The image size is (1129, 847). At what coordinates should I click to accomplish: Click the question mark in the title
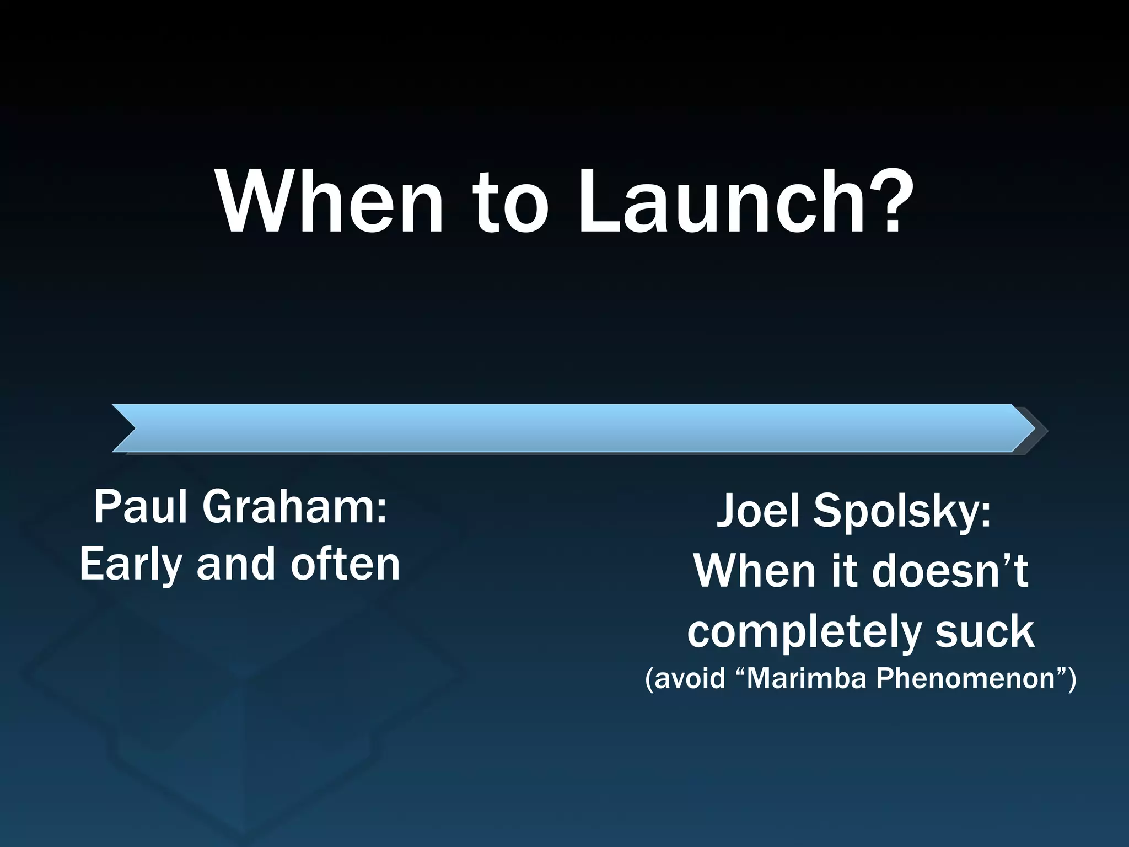(x=888, y=200)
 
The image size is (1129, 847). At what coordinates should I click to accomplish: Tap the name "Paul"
(x=141, y=507)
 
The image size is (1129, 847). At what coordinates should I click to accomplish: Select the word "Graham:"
(x=294, y=507)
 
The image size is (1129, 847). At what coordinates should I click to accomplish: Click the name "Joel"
(x=757, y=511)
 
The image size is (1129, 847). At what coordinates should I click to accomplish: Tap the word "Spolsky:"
(x=902, y=512)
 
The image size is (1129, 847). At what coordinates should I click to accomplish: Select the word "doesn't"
(x=950, y=571)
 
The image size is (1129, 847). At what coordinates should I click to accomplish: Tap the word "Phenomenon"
(x=965, y=678)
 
